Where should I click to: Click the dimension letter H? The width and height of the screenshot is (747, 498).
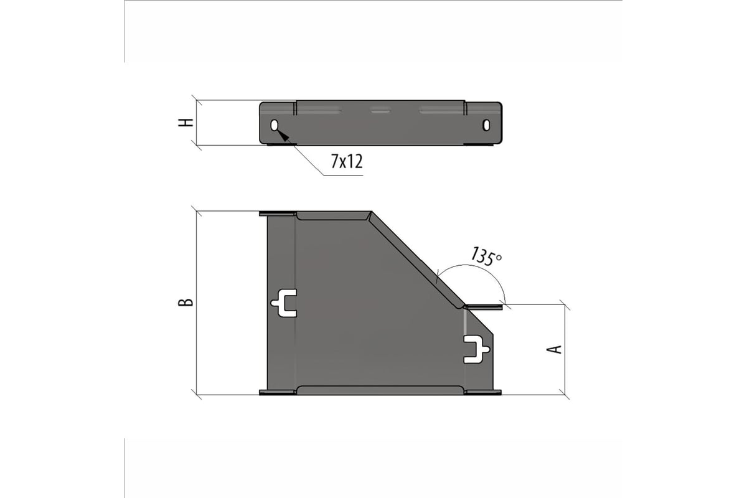[x=186, y=123]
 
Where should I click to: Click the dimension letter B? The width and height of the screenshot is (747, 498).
[x=186, y=302]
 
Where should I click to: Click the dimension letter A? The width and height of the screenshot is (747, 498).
[x=554, y=349]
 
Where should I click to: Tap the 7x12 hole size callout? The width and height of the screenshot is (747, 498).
[x=347, y=161]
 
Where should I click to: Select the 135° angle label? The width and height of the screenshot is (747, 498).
[x=486, y=256]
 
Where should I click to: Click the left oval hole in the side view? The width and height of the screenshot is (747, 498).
[x=275, y=125]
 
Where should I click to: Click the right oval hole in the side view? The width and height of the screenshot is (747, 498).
[x=486, y=125]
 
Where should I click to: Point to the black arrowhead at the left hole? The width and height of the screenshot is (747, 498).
[x=283, y=135]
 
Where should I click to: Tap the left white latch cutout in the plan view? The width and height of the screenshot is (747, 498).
[x=284, y=303]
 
